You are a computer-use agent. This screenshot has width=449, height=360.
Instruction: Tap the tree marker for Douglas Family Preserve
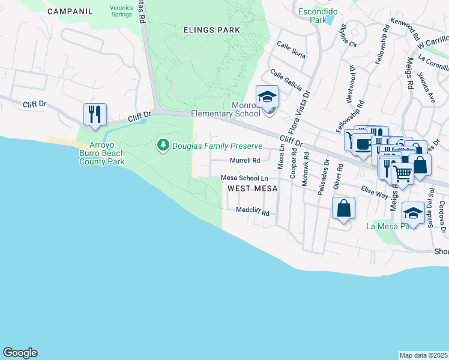point(163,145)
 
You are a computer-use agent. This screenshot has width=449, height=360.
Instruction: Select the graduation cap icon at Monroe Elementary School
point(267,96)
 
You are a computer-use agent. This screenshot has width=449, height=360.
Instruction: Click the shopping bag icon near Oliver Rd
point(343,208)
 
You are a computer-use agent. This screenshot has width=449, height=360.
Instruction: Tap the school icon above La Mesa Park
point(413,213)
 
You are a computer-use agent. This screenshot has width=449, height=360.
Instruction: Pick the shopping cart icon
point(402,173)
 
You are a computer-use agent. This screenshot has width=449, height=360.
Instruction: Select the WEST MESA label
point(252,188)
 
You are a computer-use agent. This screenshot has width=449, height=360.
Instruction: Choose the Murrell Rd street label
point(245,160)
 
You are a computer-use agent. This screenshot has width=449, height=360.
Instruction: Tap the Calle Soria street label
point(291,50)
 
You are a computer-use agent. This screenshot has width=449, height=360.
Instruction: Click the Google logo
point(20,353)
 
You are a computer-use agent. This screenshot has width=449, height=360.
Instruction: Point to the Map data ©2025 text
point(423,355)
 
